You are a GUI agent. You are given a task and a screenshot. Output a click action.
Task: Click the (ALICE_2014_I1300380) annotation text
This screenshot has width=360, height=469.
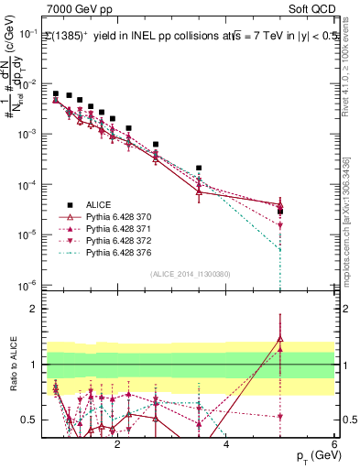tap(190, 273)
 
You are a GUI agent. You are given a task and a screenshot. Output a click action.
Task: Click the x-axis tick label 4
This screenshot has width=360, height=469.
tap(226, 443)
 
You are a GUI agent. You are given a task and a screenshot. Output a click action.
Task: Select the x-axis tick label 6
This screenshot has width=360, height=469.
tap(334, 443)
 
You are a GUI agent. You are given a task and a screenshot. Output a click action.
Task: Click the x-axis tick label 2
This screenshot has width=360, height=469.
tap(117, 443)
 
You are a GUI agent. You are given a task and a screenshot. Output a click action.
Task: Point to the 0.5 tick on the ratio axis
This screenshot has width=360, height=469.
tap(29, 420)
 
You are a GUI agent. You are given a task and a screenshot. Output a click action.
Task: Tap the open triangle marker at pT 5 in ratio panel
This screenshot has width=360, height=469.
tap(280, 340)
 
